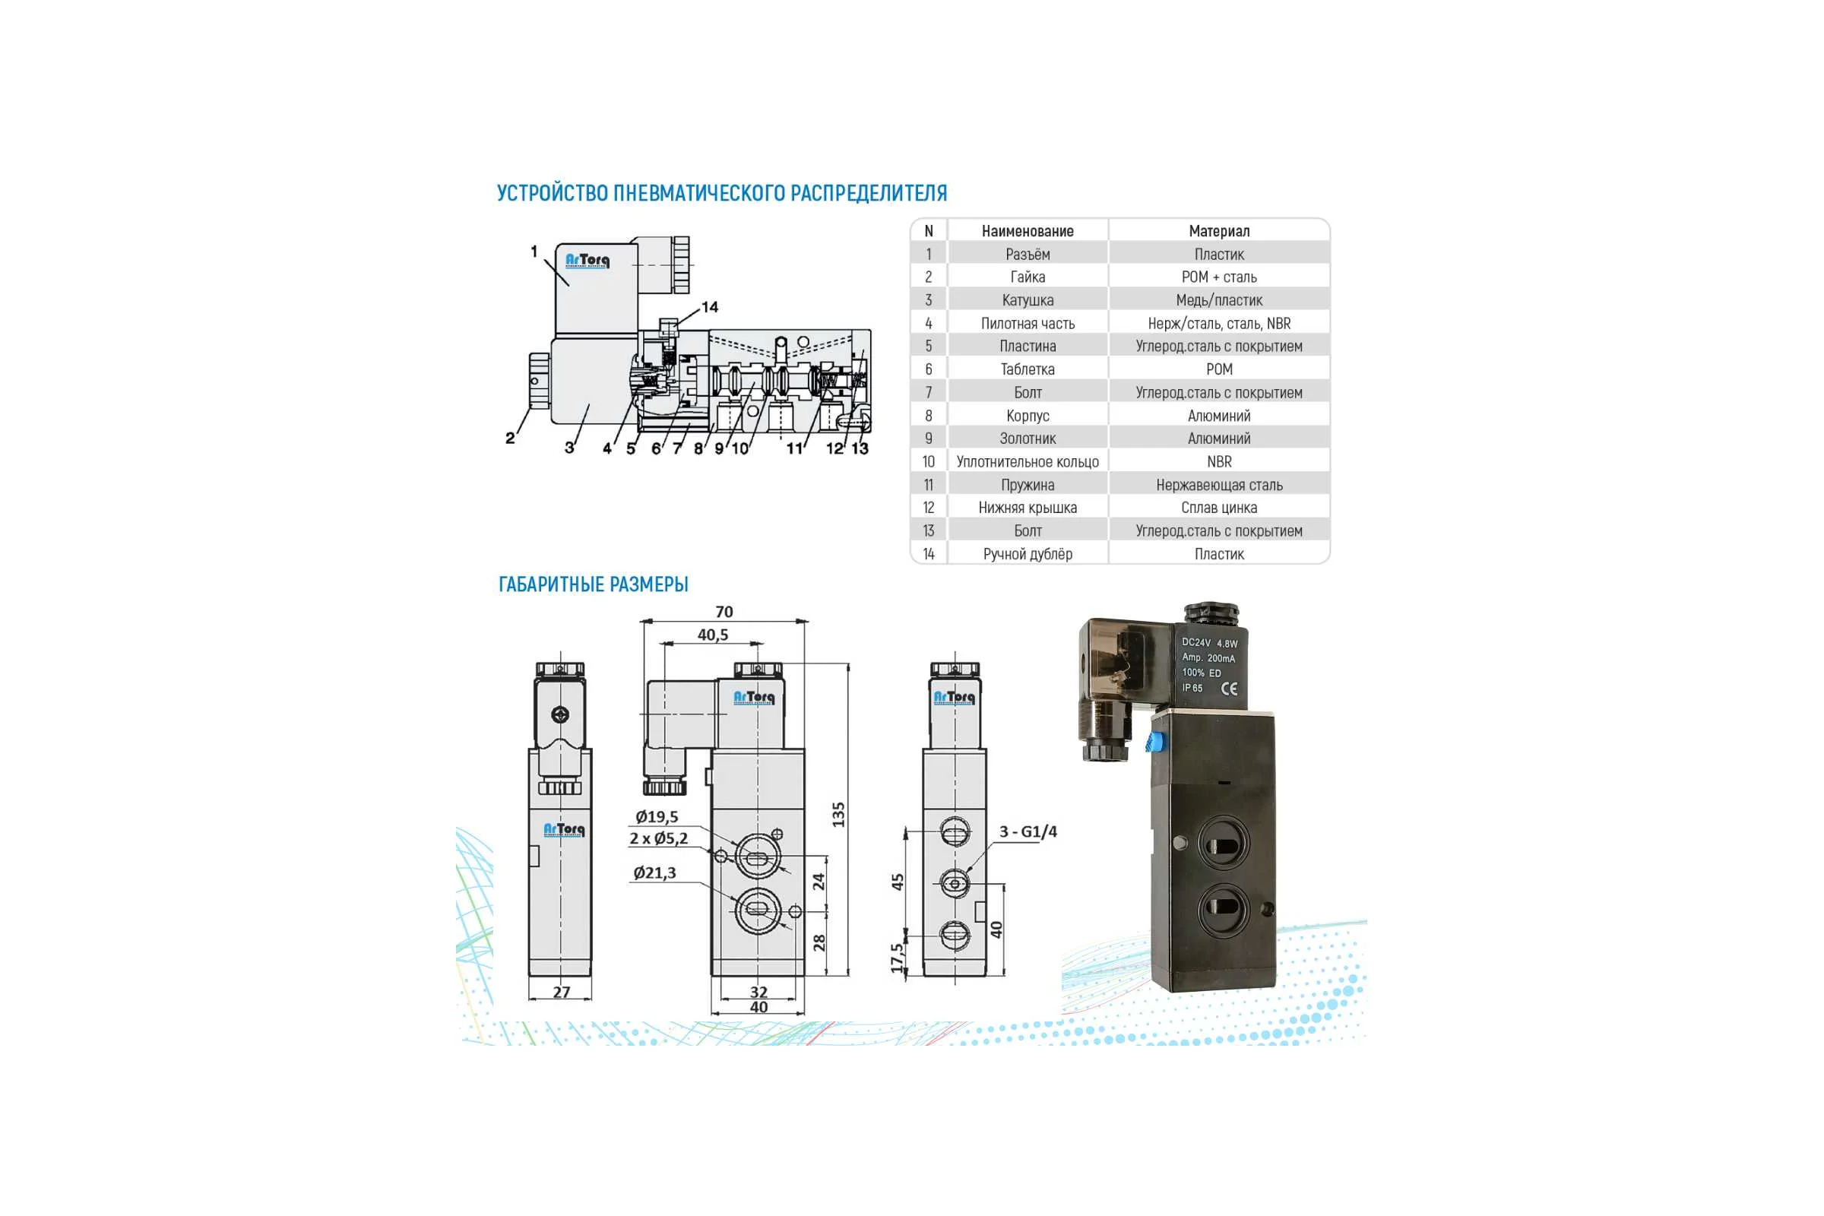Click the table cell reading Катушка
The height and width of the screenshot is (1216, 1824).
pyautogui.click(x=1028, y=300)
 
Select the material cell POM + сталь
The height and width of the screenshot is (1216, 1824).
pyautogui.click(x=1219, y=277)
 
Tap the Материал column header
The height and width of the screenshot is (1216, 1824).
pyautogui.click(x=1219, y=231)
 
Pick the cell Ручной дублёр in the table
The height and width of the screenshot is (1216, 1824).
pyautogui.click(x=1028, y=554)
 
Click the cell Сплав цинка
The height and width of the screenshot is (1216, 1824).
pyautogui.click(x=1219, y=507)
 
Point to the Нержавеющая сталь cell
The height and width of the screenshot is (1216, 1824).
pyautogui.click(x=1219, y=485)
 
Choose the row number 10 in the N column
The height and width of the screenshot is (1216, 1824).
pyautogui.click(x=928, y=461)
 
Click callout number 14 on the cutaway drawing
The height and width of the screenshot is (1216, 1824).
pyautogui.click(x=710, y=307)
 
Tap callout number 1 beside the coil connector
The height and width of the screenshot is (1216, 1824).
pyautogui.click(x=534, y=252)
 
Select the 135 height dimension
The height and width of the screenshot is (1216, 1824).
pyautogui.click(x=838, y=814)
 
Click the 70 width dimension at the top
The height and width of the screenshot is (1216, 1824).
pyautogui.click(x=724, y=612)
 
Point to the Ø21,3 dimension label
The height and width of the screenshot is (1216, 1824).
pyautogui.click(x=654, y=872)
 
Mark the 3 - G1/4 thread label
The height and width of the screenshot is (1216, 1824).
pyautogui.click(x=1028, y=831)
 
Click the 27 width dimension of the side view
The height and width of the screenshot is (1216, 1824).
pyautogui.click(x=562, y=992)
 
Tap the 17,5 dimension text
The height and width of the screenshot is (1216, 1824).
pyautogui.click(x=898, y=958)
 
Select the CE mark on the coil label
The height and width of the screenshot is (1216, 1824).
pyautogui.click(x=1229, y=688)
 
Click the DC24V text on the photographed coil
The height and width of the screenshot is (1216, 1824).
pyautogui.click(x=1195, y=642)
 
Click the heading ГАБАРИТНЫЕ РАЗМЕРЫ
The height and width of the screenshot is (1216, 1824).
pyautogui.click(x=594, y=584)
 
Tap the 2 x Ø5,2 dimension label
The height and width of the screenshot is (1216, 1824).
pyautogui.click(x=658, y=838)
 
